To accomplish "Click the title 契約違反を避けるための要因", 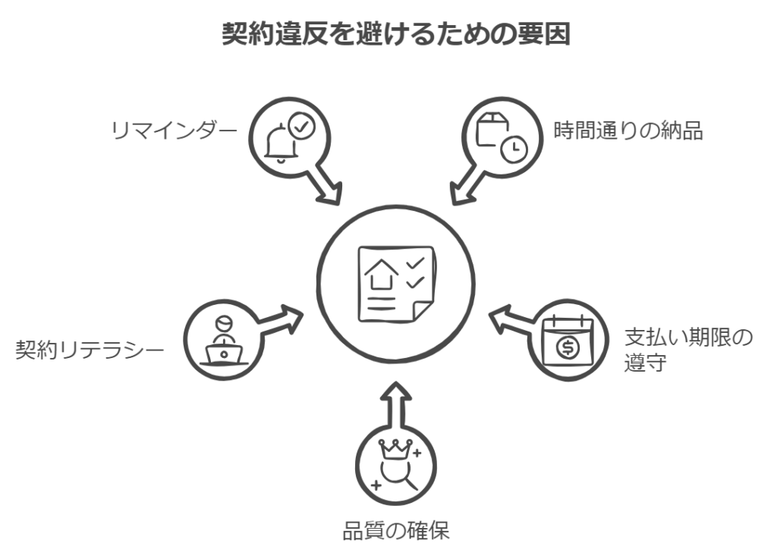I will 395,34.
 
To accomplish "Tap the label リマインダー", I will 171,130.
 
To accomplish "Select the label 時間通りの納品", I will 628,130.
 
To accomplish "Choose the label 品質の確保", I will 395,529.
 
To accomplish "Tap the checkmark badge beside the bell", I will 302,127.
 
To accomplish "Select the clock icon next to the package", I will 514,149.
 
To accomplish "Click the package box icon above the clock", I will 491,128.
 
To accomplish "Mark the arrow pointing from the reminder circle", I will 325,187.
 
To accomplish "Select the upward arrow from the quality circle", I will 395,402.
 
